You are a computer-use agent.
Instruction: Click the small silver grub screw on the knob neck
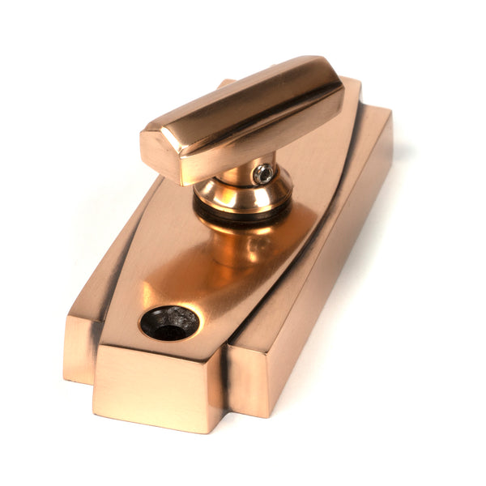262,173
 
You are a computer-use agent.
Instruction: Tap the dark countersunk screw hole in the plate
168,322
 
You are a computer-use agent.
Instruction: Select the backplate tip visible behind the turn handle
224,83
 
